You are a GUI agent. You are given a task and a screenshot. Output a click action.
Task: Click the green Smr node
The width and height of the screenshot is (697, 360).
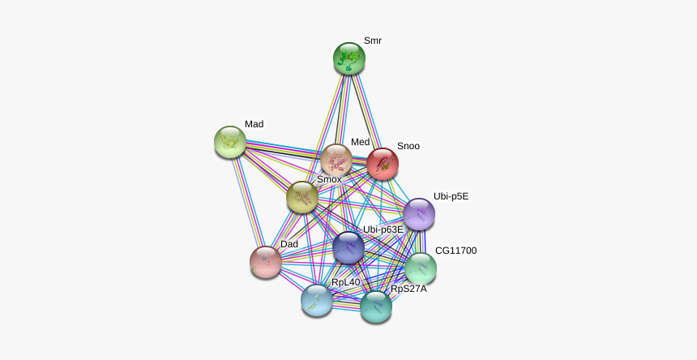(x=349, y=58)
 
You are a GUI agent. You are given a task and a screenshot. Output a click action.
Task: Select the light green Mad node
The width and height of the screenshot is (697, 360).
(x=230, y=142)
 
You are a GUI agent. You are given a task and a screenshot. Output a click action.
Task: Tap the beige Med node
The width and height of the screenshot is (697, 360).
(x=336, y=160)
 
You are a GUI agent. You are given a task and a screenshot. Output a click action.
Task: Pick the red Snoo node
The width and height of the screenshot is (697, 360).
(x=383, y=164)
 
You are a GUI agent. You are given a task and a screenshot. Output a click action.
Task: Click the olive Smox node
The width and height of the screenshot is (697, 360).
(x=302, y=197)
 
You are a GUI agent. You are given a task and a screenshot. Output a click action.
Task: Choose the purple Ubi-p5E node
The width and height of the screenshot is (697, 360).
(x=419, y=214)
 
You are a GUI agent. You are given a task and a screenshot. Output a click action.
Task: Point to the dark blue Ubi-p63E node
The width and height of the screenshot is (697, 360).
(x=348, y=247)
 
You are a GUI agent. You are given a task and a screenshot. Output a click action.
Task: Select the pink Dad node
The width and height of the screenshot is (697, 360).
(x=266, y=262)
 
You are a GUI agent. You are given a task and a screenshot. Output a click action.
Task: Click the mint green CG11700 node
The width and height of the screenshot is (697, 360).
(x=421, y=268)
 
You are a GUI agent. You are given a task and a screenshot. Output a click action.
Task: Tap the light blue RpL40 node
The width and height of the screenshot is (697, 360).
(x=317, y=301)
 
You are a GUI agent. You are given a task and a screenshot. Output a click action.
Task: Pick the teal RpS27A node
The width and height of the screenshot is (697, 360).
(x=376, y=306)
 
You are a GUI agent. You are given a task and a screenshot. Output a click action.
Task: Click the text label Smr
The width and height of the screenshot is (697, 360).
(x=373, y=41)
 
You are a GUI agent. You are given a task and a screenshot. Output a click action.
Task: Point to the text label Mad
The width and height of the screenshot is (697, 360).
(x=254, y=124)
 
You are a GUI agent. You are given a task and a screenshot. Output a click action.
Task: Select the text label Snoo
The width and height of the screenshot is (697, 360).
(x=408, y=146)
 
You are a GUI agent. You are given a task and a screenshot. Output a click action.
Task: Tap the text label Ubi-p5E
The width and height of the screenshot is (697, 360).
(x=451, y=196)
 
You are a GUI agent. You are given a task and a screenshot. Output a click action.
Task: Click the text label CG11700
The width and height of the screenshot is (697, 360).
(x=456, y=251)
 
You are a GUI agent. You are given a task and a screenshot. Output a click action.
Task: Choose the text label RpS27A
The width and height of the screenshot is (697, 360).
(x=408, y=289)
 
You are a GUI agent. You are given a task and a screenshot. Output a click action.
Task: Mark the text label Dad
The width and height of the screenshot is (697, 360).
(x=289, y=244)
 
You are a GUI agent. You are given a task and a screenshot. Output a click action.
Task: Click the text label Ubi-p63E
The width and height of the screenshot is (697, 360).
(x=383, y=229)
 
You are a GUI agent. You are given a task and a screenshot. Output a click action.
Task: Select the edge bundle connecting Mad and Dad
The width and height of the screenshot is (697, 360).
(x=248, y=202)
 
